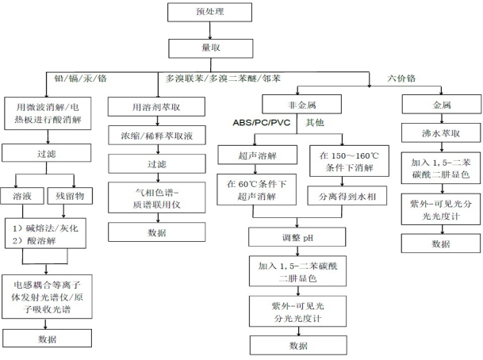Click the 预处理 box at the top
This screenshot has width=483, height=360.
click(205, 13)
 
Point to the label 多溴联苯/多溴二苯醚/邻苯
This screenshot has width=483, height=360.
click(222, 78)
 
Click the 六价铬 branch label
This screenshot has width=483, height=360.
click(399, 78)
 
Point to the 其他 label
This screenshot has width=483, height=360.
click(315, 124)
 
